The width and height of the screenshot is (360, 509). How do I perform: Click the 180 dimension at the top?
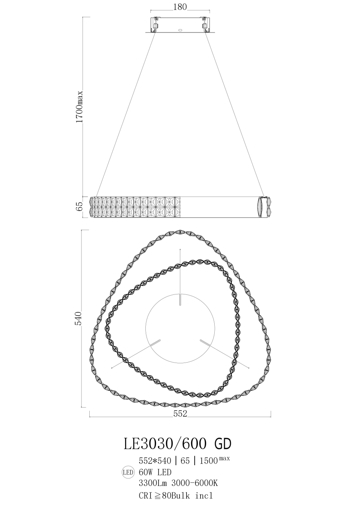pyautogui.click(x=180, y=7)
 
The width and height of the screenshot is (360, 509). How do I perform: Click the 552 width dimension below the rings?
pyautogui.click(x=180, y=413)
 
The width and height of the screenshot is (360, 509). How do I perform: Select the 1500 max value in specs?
pyautogui.click(x=214, y=460)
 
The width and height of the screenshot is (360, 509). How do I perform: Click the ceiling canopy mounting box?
pyautogui.click(x=180, y=24)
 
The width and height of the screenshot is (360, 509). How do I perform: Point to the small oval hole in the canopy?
pyautogui.click(x=181, y=29)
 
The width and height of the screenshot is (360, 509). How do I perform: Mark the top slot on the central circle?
pyautogui.click(x=180, y=298)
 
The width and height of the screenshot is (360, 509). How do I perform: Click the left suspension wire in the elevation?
pyautogui.click(x=125, y=114)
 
